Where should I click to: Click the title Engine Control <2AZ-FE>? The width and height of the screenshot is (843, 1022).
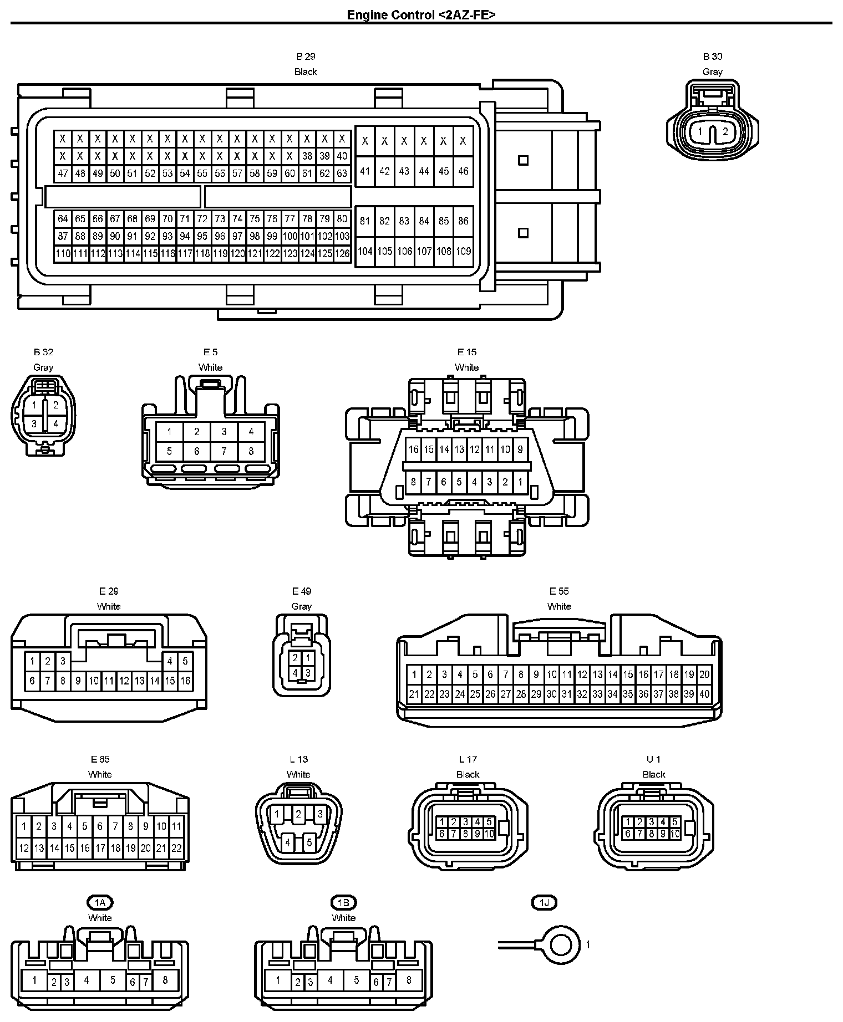(421, 15)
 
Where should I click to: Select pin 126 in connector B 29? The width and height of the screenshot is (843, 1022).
(342, 254)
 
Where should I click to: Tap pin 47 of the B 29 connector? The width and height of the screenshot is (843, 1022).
(63, 173)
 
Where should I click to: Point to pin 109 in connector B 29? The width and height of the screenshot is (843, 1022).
(463, 251)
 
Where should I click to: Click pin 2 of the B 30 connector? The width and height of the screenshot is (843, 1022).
(725, 132)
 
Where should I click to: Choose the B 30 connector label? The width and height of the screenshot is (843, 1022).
(712, 57)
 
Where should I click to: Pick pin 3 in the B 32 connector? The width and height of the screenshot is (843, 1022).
(34, 424)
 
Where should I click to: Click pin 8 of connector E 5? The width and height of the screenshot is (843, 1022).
(251, 451)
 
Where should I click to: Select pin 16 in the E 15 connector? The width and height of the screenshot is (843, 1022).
(413, 449)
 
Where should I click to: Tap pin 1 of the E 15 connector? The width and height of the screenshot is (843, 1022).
(520, 482)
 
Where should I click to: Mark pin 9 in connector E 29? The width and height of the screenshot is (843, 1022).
(78, 681)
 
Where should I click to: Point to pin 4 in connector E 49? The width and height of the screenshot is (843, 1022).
(296, 673)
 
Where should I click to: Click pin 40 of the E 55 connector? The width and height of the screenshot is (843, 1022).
(704, 693)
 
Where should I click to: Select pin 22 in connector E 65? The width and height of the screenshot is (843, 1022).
(176, 847)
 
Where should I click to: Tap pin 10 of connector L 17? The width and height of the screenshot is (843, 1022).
(489, 834)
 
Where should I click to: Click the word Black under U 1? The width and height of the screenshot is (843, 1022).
(653, 774)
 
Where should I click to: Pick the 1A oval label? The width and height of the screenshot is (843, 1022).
(100, 903)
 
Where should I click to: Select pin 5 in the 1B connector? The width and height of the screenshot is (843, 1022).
(356, 980)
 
